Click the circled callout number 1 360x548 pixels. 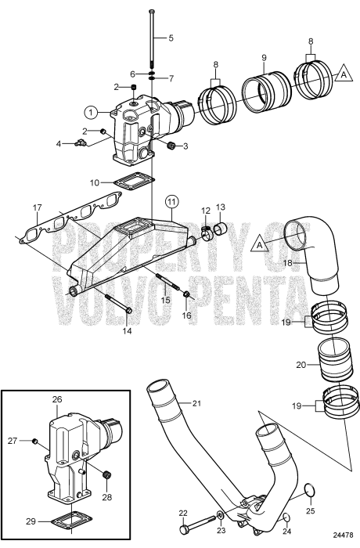coord(92,112)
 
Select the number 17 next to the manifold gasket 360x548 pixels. coord(37,207)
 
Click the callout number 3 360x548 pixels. coord(185,146)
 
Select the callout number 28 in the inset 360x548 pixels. coord(108,496)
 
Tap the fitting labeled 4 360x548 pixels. coord(80,143)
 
